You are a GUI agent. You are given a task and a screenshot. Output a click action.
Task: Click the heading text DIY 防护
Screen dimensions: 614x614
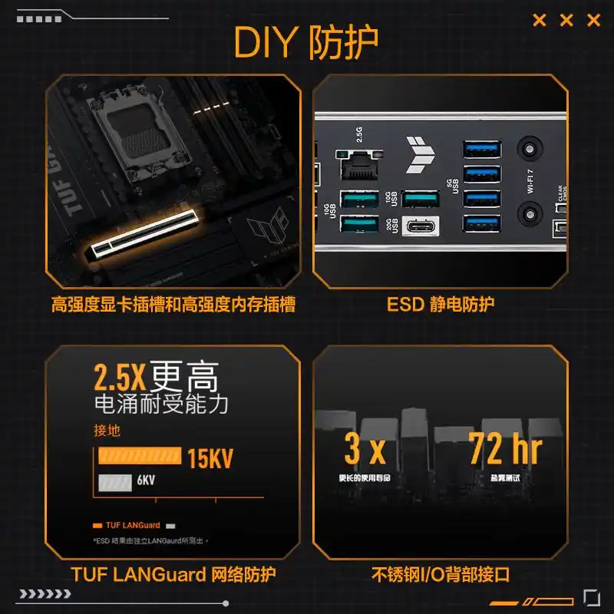(x=306, y=43)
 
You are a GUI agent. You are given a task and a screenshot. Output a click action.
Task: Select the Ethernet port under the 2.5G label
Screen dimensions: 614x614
(x=358, y=163)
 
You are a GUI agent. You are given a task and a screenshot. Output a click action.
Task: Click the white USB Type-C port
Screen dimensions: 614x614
(x=421, y=226)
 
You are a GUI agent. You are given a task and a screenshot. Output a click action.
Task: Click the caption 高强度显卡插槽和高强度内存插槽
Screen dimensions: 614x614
(x=173, y=305)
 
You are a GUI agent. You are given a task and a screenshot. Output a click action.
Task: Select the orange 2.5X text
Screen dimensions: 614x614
(x=120, y=378)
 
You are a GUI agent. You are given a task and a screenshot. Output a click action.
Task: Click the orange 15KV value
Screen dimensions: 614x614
(x=210, y=458)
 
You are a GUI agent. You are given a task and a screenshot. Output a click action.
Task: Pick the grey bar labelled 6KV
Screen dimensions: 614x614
(x=114, y=482)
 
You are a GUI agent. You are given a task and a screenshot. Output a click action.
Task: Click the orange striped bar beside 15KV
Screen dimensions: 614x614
(x=139, y=457)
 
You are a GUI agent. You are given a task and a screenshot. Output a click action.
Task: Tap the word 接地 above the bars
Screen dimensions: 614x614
(x=107, y=431)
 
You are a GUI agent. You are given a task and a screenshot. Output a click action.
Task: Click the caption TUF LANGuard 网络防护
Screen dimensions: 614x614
(x=173, y=574)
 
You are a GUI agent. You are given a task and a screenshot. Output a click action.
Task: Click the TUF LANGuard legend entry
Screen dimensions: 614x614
(x=127, y=526)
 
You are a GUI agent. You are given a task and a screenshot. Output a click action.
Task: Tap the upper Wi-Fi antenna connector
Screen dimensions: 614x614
(x=527, y=147)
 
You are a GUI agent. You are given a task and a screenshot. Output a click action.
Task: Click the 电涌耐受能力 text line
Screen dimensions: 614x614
(x=160, y=404)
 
